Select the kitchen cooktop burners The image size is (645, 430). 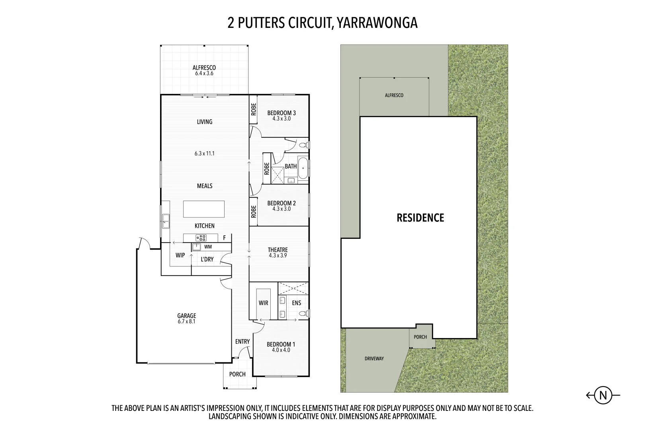(201, 238)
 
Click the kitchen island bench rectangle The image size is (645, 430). (203, 209)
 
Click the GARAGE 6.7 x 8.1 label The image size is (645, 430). (187, 319)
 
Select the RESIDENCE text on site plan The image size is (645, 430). (420, 218)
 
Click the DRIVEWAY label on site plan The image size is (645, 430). (374, 359)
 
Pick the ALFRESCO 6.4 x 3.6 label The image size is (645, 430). (204, 70)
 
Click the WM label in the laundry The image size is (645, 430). (208, 247)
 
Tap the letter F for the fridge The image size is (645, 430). (224, 238)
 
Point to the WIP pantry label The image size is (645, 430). (180, 255)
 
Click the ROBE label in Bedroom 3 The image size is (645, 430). (253, 109)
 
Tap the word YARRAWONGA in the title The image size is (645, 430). (377, 23)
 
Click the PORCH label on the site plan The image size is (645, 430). (420, 337)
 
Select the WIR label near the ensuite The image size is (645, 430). (263, 303)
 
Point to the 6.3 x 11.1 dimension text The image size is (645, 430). (205, 153)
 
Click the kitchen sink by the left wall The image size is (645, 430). (165, 221)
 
